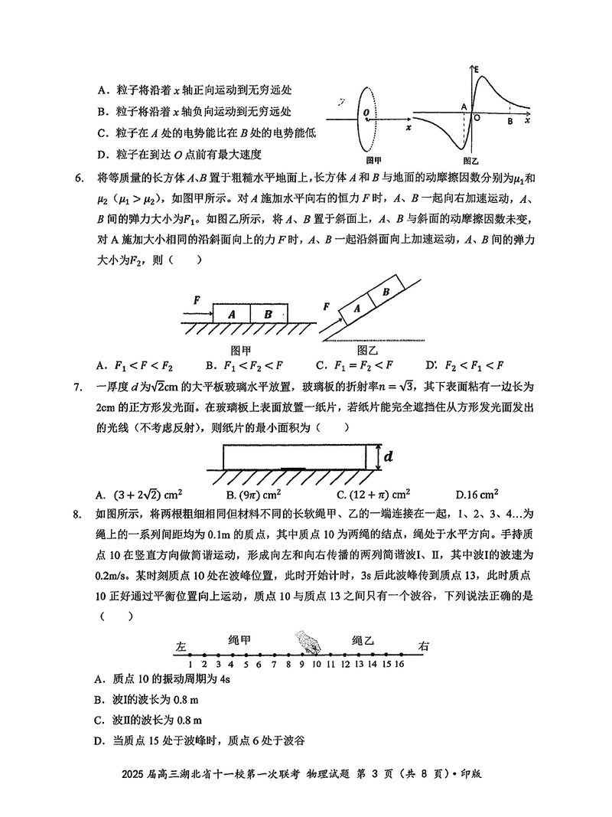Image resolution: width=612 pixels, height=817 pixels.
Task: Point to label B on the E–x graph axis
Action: click(x=510, y=120)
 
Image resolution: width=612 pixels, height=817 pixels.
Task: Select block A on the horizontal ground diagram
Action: click(x=232, y=314)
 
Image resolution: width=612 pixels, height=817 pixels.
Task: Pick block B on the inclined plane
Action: click(x=386, y=292)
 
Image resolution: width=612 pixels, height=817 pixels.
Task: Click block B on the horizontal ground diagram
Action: click(x=269, y=314)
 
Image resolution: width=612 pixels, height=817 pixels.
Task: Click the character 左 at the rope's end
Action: click(x=181, y=646)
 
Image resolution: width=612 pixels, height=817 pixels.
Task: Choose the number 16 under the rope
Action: click(x=399, y=664)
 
